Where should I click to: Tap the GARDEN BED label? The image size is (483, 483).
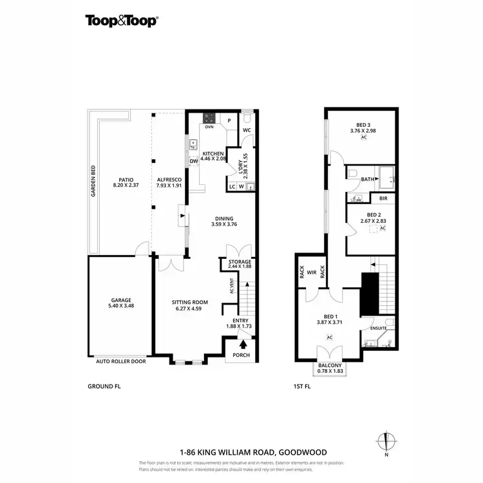point(93,181)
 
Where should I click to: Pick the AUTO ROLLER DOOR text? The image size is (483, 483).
point(121,361)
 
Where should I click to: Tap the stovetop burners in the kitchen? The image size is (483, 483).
point(209,118)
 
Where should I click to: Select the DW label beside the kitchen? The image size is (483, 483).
point(193,161)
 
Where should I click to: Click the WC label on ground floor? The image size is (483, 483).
point(247,131)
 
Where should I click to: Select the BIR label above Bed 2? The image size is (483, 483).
point(383,199)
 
